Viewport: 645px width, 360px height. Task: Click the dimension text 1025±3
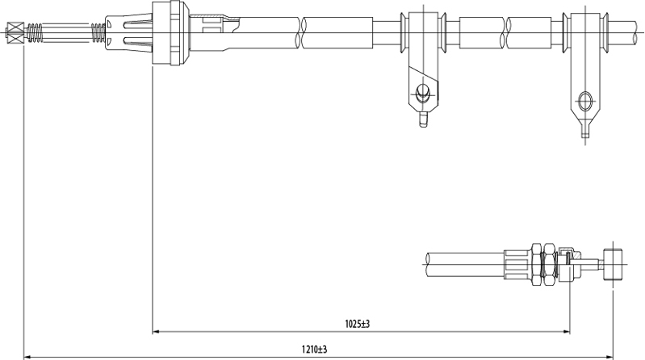(357, 324)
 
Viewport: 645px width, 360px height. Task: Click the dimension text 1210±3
(314, 350)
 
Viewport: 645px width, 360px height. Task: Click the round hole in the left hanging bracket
(422, 92)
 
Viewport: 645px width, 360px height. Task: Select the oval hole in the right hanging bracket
(585, 101)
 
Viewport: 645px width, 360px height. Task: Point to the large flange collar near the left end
(170, 33)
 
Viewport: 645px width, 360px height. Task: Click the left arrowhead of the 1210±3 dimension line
(27, 357)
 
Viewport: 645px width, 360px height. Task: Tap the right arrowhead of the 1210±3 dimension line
(609, 357)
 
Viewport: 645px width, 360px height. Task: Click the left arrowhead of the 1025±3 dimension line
(157, 331)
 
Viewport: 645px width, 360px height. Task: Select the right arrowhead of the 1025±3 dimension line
(566, 331)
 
